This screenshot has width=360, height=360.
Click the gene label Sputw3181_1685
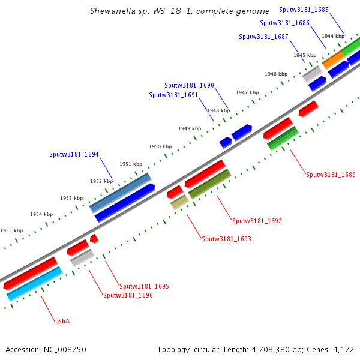tap(304, 10)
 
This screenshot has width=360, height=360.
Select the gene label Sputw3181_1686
tap(284, 23)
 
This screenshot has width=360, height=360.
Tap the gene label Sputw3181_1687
tap(263, 37)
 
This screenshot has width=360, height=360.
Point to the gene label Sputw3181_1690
tap(189, 85)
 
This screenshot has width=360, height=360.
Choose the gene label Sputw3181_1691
tap(173, 95)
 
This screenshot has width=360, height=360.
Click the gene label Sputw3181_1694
tap(74, 154)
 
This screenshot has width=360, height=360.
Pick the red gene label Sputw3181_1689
tap(331, 175)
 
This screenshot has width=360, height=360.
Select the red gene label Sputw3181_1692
tap(257, 221)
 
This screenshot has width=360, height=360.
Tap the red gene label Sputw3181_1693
tap(226, 239)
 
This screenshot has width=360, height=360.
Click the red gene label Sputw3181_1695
tap(144, 286)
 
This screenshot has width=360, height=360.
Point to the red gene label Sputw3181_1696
tap(128, 295)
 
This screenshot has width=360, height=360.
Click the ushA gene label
tap(62, 321)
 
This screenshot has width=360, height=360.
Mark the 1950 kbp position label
tap(160, 146)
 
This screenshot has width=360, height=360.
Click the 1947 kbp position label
tap(247, 92)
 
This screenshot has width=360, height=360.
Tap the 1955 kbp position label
tap(11, 230)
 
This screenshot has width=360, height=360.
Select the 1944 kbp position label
tap(333, 36)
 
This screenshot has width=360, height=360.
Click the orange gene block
tap(333, 58)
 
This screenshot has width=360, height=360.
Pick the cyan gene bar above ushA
tap(34, 284)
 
